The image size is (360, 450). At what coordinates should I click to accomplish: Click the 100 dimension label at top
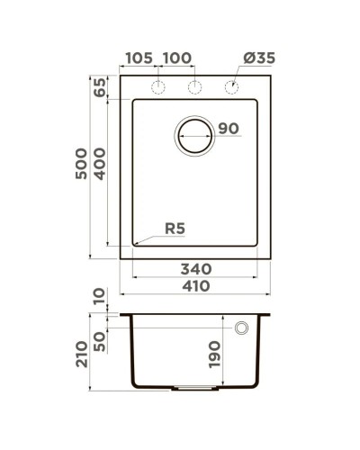[177, 58]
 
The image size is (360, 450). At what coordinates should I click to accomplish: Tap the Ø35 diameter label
[258, 58]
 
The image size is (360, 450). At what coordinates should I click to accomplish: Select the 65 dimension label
[100, 89]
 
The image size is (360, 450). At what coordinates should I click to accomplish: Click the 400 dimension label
[100, 163]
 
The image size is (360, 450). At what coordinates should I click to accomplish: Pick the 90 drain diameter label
[229, 129]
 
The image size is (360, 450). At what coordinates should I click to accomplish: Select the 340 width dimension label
[194, 268]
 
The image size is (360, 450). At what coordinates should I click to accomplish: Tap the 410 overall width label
[194, 287]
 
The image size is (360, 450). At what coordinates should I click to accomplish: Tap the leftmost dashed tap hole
[158, 87]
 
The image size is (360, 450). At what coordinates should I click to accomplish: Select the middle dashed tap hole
[193, 87]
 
